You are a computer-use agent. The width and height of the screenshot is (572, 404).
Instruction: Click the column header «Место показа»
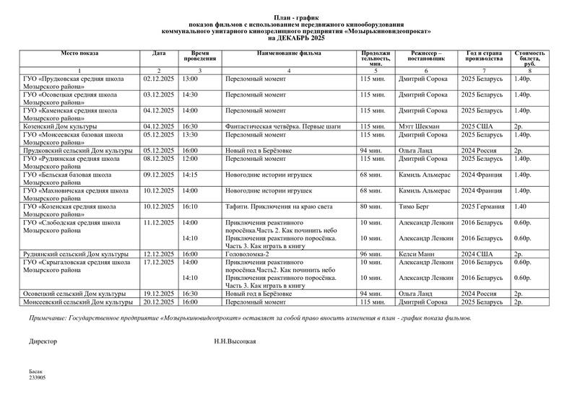pos(80,53)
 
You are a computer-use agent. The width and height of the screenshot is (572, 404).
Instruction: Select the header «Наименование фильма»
pos(289,53)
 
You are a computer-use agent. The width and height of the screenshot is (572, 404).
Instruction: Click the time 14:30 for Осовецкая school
pos(190,94)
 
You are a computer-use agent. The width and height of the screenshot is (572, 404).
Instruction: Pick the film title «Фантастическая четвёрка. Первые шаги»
pos(277,126)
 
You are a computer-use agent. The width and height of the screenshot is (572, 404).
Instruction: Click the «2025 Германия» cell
pos(484,206)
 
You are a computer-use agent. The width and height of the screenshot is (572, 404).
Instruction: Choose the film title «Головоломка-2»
pos(247,254)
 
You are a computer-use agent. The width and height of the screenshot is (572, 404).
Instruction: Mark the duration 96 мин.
pos(370,254)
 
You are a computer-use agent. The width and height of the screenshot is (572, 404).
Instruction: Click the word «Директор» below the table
pos(43,339)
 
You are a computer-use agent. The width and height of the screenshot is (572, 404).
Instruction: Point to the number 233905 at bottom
pos(37,377)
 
